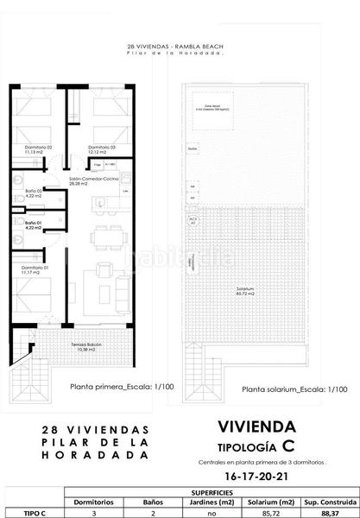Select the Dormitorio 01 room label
[33, 272]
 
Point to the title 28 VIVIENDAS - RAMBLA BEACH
[180, 47]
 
